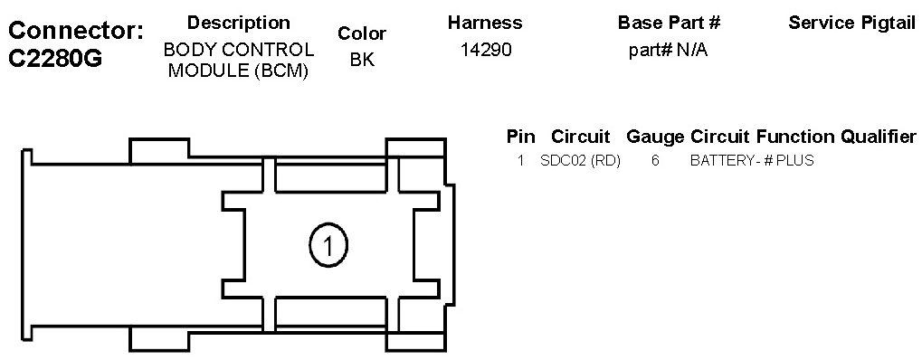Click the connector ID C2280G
56,59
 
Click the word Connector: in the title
76,31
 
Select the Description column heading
238,23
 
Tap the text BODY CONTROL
239,50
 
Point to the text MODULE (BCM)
239,71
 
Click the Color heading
362,33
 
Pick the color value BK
362,60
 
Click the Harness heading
485,23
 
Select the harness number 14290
486,50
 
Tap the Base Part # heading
670,23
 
